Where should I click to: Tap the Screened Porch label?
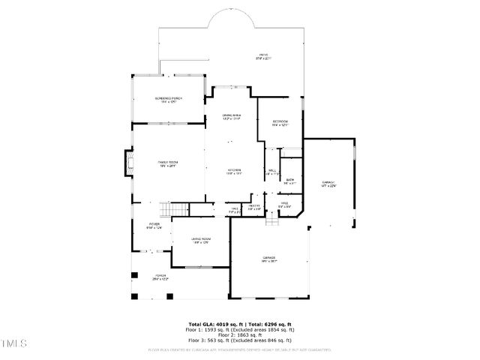tap(168, 100)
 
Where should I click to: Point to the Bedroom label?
tap(280, 124)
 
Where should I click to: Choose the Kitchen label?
tap(235, 172)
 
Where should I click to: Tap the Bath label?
tap(289, 180)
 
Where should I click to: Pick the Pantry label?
tap(254, 207)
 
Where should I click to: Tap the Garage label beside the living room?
tap(269, 259)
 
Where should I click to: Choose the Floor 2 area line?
tap(240, 334)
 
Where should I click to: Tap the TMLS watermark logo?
tap(13, 344)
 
